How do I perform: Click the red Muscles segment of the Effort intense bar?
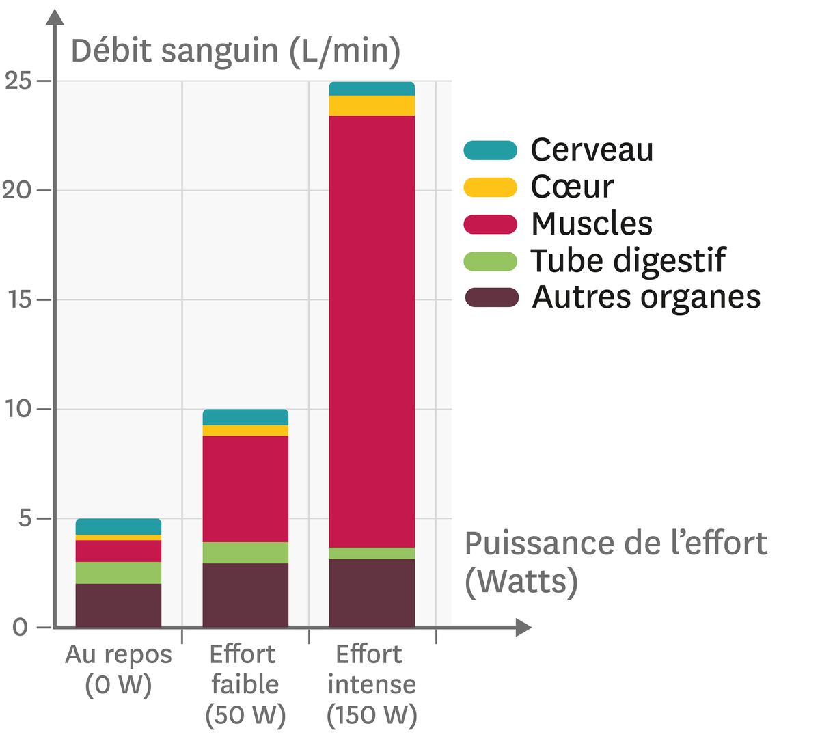coord(372,331)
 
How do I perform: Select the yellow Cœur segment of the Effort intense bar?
coord(372,105)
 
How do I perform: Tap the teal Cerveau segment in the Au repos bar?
coord(118,526)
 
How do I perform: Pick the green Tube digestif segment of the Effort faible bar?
coord(245,552)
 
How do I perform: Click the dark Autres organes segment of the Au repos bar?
coord(118,605)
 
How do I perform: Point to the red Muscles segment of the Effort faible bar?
coord(245,488)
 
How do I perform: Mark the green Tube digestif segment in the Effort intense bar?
coord(372,553)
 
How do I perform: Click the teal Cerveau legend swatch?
coord(490,150)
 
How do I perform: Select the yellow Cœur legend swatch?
coord(490,187)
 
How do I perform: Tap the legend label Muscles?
coord(591,224)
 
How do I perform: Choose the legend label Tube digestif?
coord(627,260)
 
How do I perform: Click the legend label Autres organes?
coord(646,297)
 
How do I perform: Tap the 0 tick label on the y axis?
coord(20,627)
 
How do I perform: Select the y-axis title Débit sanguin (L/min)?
coord(235,51)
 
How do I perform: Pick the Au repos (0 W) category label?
coord(118,669)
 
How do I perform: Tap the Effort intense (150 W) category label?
coord(372,684)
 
